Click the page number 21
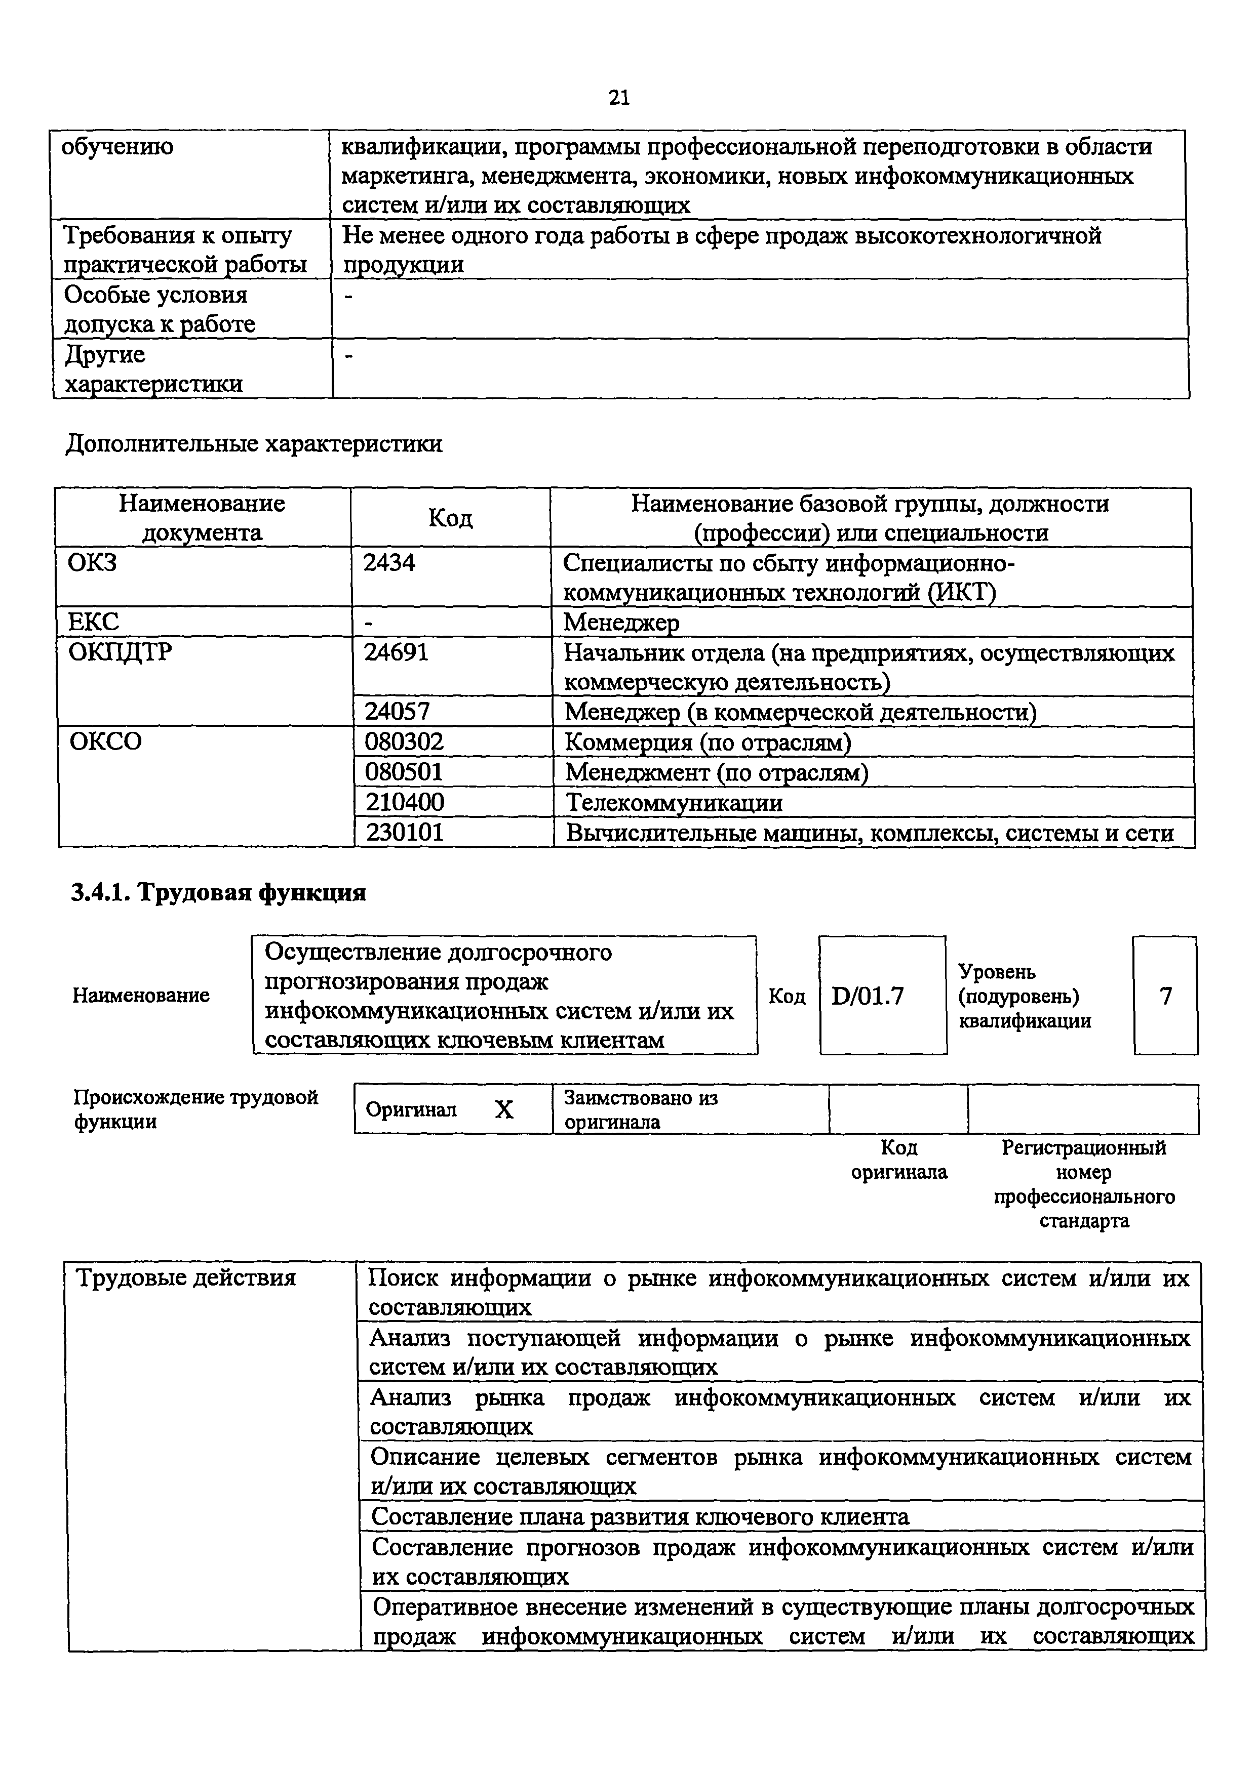click(619, 97)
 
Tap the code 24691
click(396, 652)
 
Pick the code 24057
click(397, 711)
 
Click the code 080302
click(405, 742)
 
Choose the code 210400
click(405, 802)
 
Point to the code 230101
click(405, 833)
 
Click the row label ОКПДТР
click(120, 652)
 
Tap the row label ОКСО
click(105, 742)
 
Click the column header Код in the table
click(450, 518)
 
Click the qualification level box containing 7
click(1165, 996)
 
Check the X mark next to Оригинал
click(503, 1110)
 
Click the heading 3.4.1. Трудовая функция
click(218, 893)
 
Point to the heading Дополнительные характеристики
click(254, 444)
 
